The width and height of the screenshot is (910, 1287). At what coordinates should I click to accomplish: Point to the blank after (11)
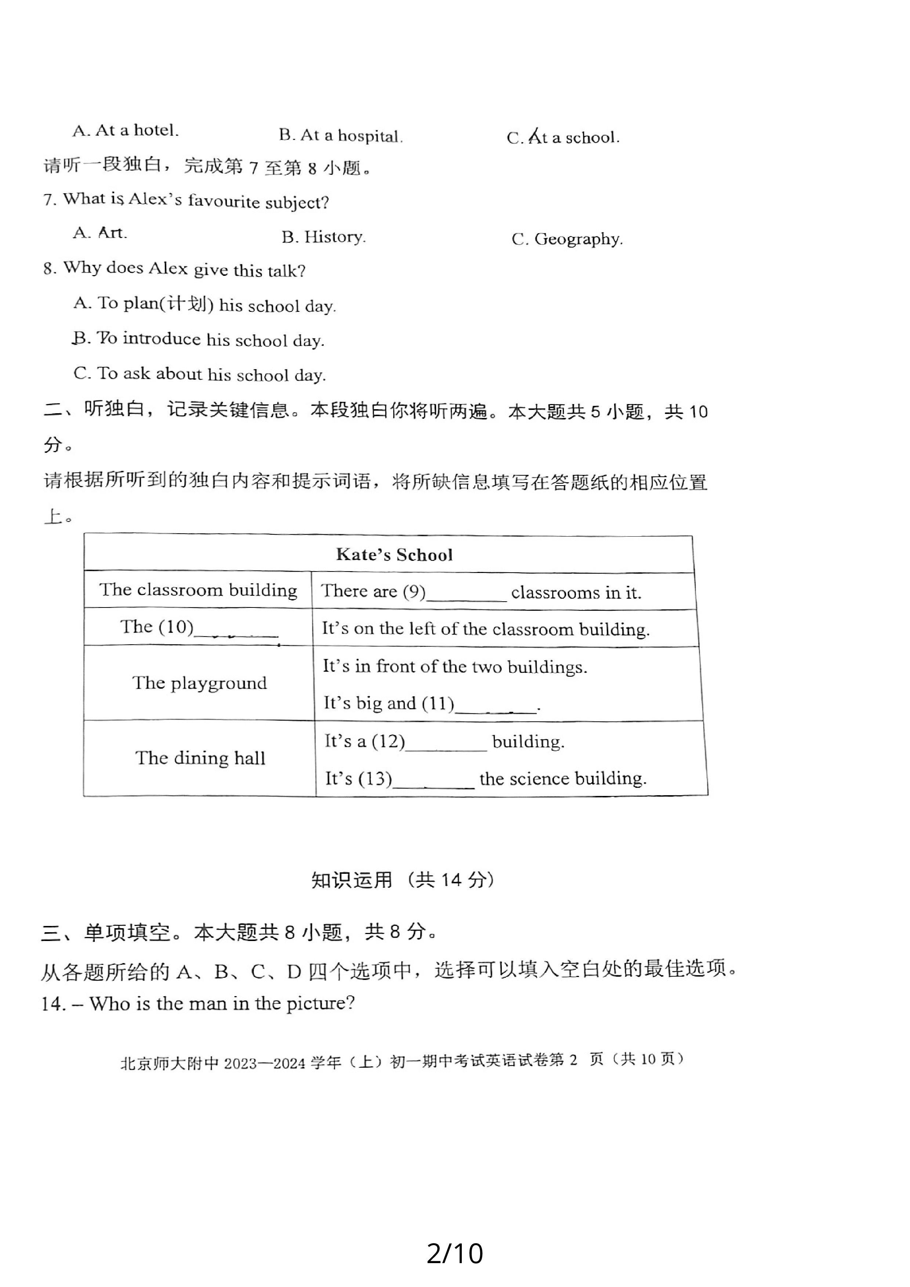496,709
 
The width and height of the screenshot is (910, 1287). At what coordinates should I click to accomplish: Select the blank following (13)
434,785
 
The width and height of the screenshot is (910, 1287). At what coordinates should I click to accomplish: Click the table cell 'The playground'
199,683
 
